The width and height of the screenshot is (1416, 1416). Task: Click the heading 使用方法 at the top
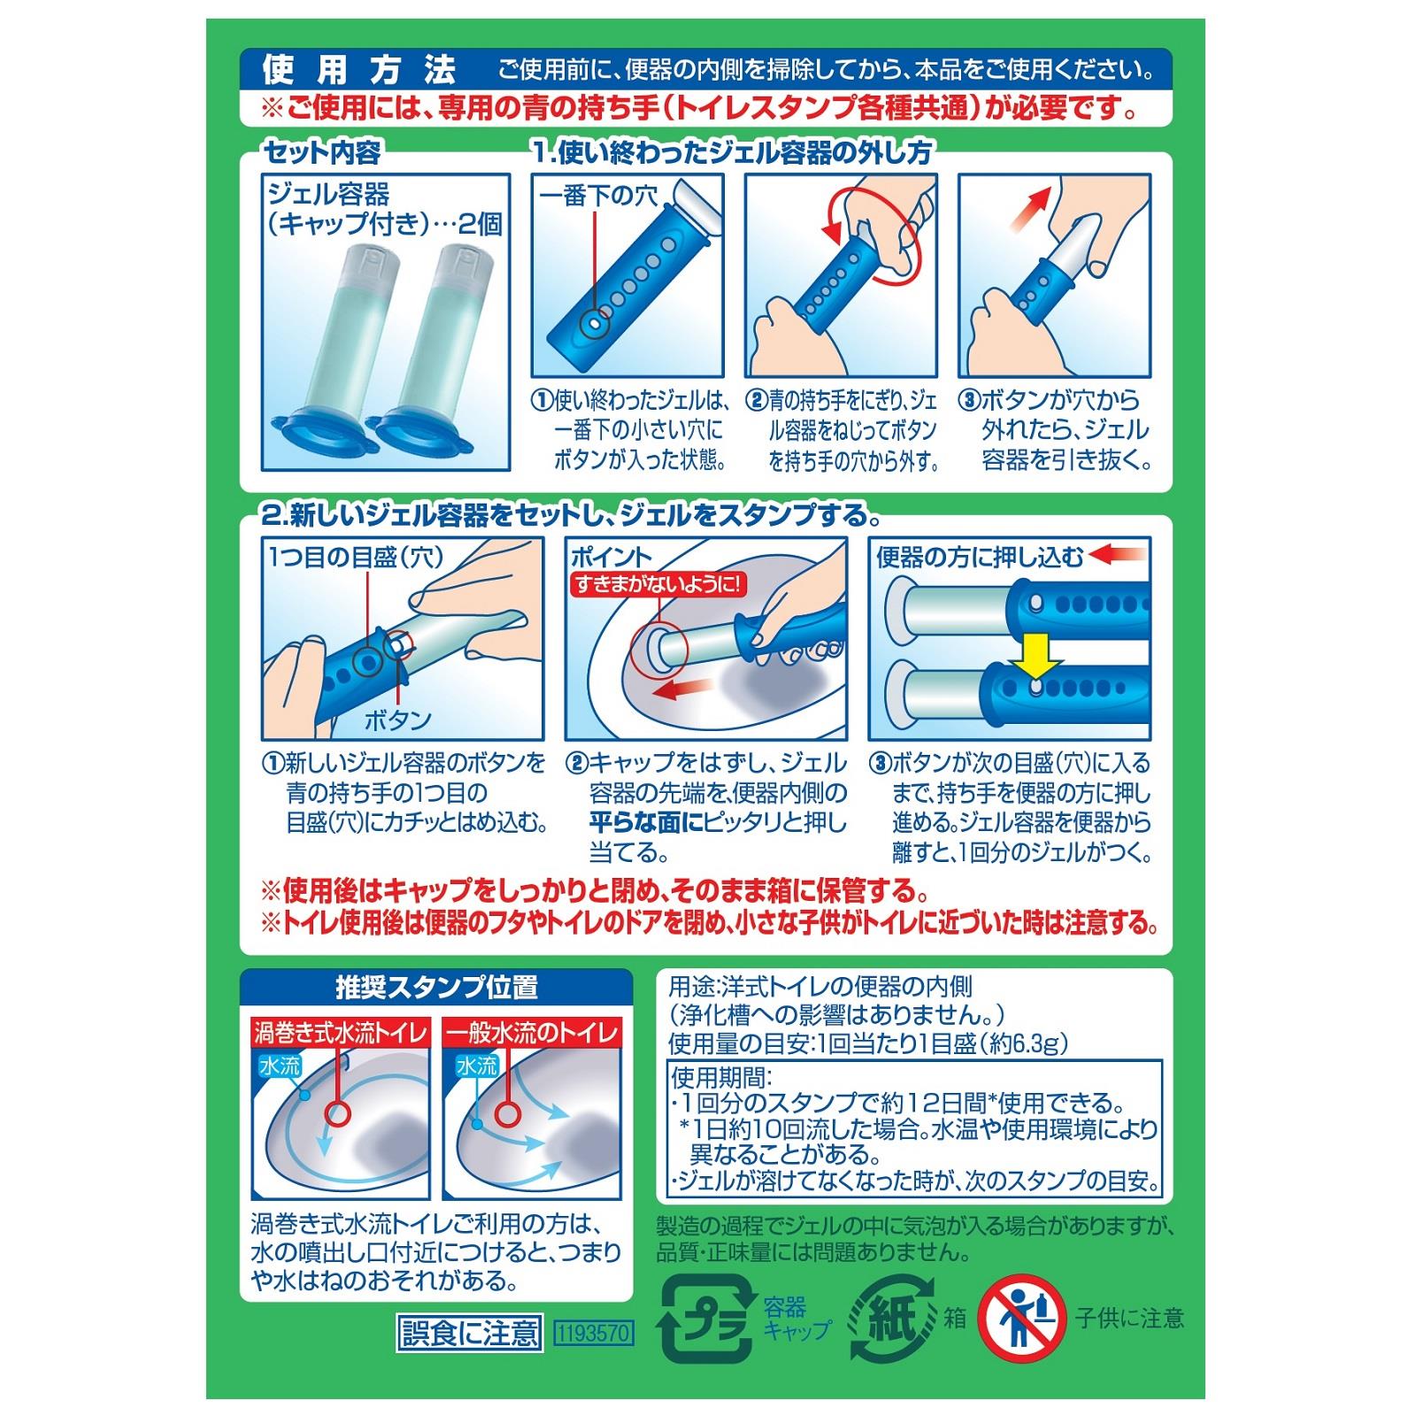point(359,69)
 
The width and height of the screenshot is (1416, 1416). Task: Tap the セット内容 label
point(322,153)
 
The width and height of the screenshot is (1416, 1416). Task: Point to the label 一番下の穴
point(598,196)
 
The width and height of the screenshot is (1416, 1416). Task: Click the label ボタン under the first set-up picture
point(397,720)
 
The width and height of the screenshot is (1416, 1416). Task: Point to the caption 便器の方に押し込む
point(980,557)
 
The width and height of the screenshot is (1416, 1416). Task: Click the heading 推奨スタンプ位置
point(436,988)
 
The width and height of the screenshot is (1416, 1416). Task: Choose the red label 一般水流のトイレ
point(532,1032)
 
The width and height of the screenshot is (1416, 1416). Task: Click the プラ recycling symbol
point(705,1318)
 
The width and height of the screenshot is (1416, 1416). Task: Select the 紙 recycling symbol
point(892,1318)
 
